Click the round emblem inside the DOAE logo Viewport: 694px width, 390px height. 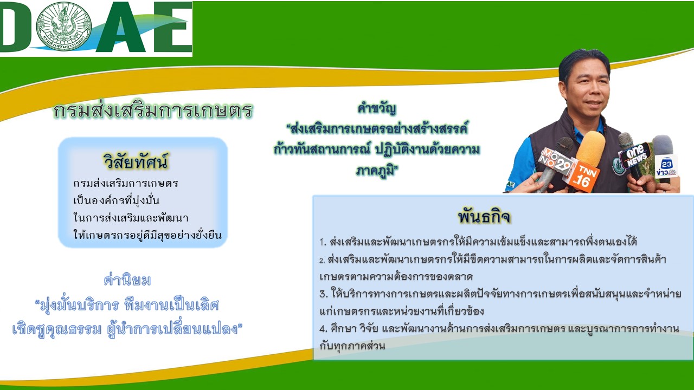pyautogui.click(x=64, y=27)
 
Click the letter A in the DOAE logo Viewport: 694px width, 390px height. pyautogui.click(x=121, y=27)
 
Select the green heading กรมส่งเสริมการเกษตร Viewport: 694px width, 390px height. pyautogui.click(x=153, y=110)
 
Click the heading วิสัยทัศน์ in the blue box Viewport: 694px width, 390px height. pyautogui.click(x=136, y=161)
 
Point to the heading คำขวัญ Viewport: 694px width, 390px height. pyautogui.click(x=377, y=108)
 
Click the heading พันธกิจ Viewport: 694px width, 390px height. pyautogui.click(x=484, y=217)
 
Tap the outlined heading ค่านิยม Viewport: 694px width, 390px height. pyautogui.click(x=127, y=280)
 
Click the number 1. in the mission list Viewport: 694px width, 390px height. pyautogui.click(x=323, y=242)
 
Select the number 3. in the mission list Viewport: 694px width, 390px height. pyautogui.click(x=324, y=294)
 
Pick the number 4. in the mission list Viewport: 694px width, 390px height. pyautogui.click(x=324, y=328)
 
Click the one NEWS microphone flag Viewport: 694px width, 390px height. pyautogui.click(x=635, y=155)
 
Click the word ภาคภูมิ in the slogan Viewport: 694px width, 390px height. pyautogui.click(x=377, y=170)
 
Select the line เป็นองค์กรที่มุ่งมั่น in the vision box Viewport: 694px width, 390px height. pyautogui.click(x=116, y=200)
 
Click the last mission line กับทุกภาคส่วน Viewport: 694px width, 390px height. pyautogui.click(x=352, y=346)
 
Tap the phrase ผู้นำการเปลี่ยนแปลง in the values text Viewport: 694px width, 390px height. pyautogui.click(x=174, y=329)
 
